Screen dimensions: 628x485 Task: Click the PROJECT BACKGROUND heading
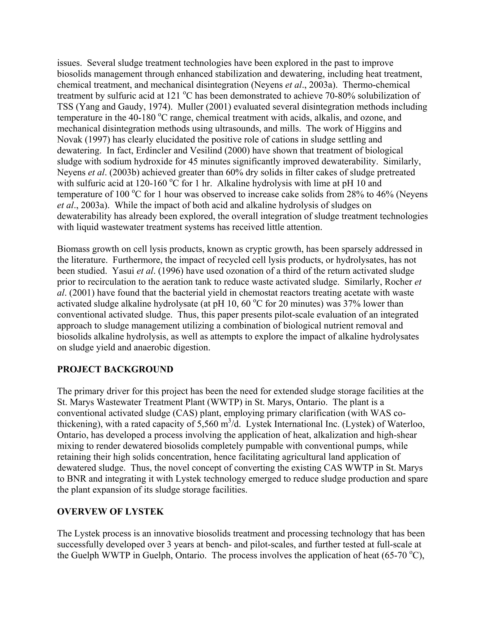click(x=115, y=369)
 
